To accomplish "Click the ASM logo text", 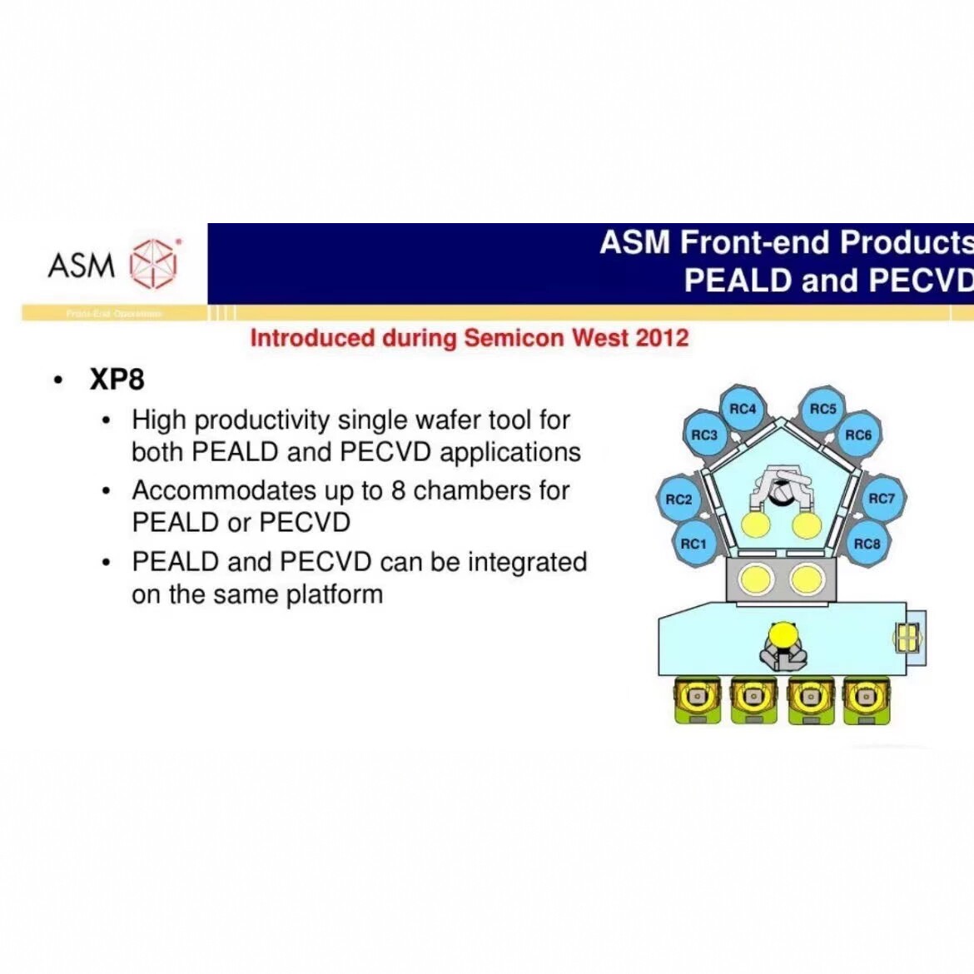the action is click(82, 266).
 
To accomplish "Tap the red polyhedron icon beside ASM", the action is click(155, 263).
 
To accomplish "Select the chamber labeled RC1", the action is click(693, 544).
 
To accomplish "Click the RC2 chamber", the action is click(679, 499).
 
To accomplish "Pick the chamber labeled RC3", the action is click(704, 435).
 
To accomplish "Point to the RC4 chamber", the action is click(743, 409).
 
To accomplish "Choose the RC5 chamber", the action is click(822, 409).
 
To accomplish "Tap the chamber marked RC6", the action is click(858, 435).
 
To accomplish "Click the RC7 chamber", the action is click(882, 499).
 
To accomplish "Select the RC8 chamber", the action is click(867, 544).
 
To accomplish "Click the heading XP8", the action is click(117, 380).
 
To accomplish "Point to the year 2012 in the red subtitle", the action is click(662, 338).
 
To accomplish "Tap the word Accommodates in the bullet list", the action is click(211, 490).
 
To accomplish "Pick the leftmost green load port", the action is click(698, 699).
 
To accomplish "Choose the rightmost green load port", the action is click(866, 699).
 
